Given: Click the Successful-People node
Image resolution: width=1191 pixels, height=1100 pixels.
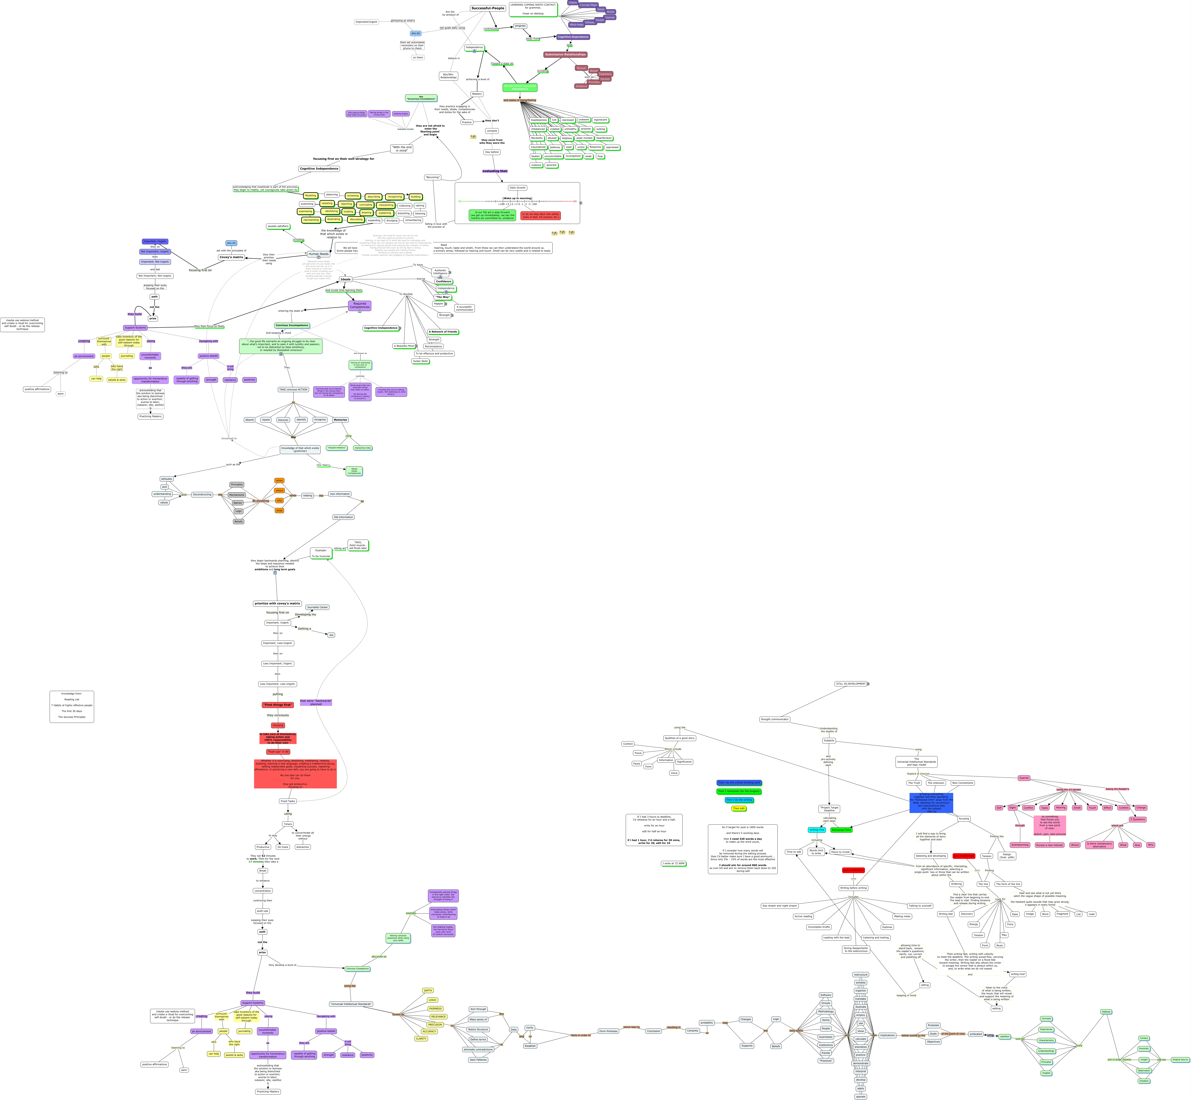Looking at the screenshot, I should click(x=488, y=8).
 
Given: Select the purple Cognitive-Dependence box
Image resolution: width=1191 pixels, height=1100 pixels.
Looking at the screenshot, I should click(x=573, y=37).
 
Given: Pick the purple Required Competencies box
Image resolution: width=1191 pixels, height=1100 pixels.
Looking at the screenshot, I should click(x=359, y=305).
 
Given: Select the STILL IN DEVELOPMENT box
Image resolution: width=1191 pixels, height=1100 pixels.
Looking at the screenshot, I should click(x=851, y=684).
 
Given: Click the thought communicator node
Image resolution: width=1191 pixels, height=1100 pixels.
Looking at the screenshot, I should click(x=775, y=719).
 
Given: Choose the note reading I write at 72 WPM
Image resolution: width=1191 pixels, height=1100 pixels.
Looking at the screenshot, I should click(x=673, y=863).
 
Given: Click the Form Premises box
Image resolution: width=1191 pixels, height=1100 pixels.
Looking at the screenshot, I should click(x=608, y=1031).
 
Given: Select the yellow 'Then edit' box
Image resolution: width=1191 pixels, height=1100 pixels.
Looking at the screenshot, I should click(x=738, y=808).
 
